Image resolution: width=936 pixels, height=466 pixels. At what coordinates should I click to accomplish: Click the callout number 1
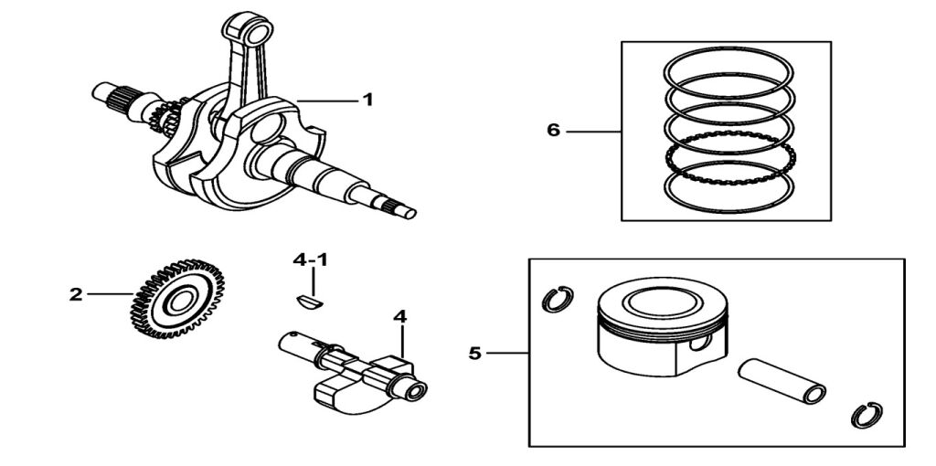367,100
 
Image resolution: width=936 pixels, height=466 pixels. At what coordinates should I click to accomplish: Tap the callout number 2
76,294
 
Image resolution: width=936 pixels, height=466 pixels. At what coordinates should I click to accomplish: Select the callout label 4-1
310,260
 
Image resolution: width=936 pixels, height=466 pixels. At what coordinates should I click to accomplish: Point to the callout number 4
399,316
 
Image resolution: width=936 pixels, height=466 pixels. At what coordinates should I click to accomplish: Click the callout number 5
474,352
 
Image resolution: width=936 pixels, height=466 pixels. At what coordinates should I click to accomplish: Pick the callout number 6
553,131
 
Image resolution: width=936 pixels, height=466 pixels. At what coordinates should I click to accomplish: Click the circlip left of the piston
558,299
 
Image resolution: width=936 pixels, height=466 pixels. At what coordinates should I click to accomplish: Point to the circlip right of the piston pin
863,415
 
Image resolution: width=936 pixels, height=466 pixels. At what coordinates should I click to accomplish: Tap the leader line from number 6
594,132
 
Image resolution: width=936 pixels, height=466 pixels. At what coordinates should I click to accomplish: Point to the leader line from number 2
110,294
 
